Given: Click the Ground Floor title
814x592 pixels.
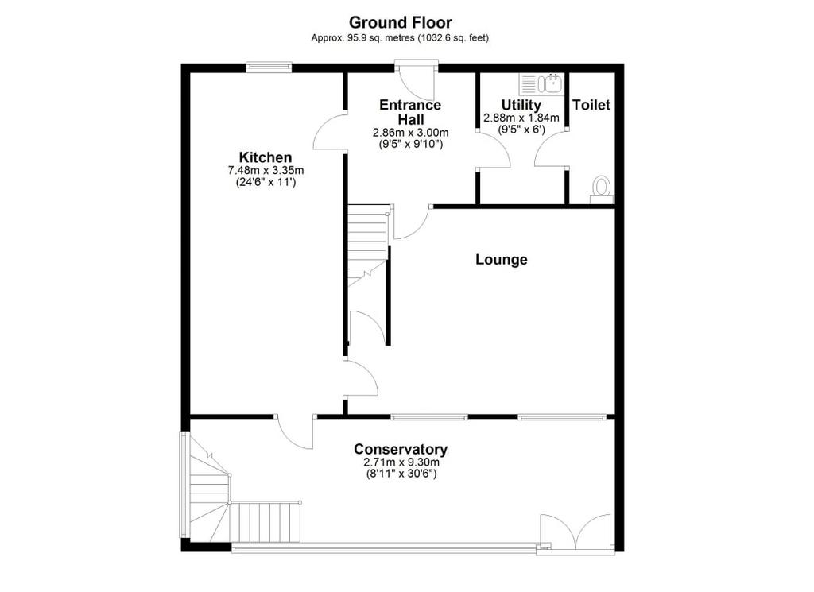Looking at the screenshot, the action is click(401, 23).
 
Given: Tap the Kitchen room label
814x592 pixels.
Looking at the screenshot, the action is click(266, 157).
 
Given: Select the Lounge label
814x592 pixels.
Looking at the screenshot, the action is click(502, 259).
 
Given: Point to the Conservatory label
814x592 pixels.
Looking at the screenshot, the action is click(401, 449).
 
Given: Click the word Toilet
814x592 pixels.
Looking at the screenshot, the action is click(591, 105).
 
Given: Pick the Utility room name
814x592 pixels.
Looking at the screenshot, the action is click(521, 106).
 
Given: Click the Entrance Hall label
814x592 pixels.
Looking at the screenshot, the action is click(411, 112).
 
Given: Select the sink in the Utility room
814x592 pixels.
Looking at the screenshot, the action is click(541, 83).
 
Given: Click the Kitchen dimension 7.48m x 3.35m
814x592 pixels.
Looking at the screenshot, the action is click(266, 170).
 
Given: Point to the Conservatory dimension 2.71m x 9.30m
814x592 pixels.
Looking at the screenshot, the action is click(401, 462).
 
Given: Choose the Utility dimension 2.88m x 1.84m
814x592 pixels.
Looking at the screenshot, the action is click(521, 118).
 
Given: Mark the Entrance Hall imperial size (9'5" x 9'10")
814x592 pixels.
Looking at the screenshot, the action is click(411, 145).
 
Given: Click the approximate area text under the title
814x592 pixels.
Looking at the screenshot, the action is click(400, 38).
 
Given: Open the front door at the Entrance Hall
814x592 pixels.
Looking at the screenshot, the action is click(417, 82).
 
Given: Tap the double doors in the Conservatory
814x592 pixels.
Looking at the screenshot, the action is click(576, 532).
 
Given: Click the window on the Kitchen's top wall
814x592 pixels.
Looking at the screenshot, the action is click(269, 67).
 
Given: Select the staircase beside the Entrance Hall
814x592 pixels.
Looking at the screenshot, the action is click(368, 245).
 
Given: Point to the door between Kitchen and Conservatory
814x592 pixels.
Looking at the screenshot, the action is click(294, 431).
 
